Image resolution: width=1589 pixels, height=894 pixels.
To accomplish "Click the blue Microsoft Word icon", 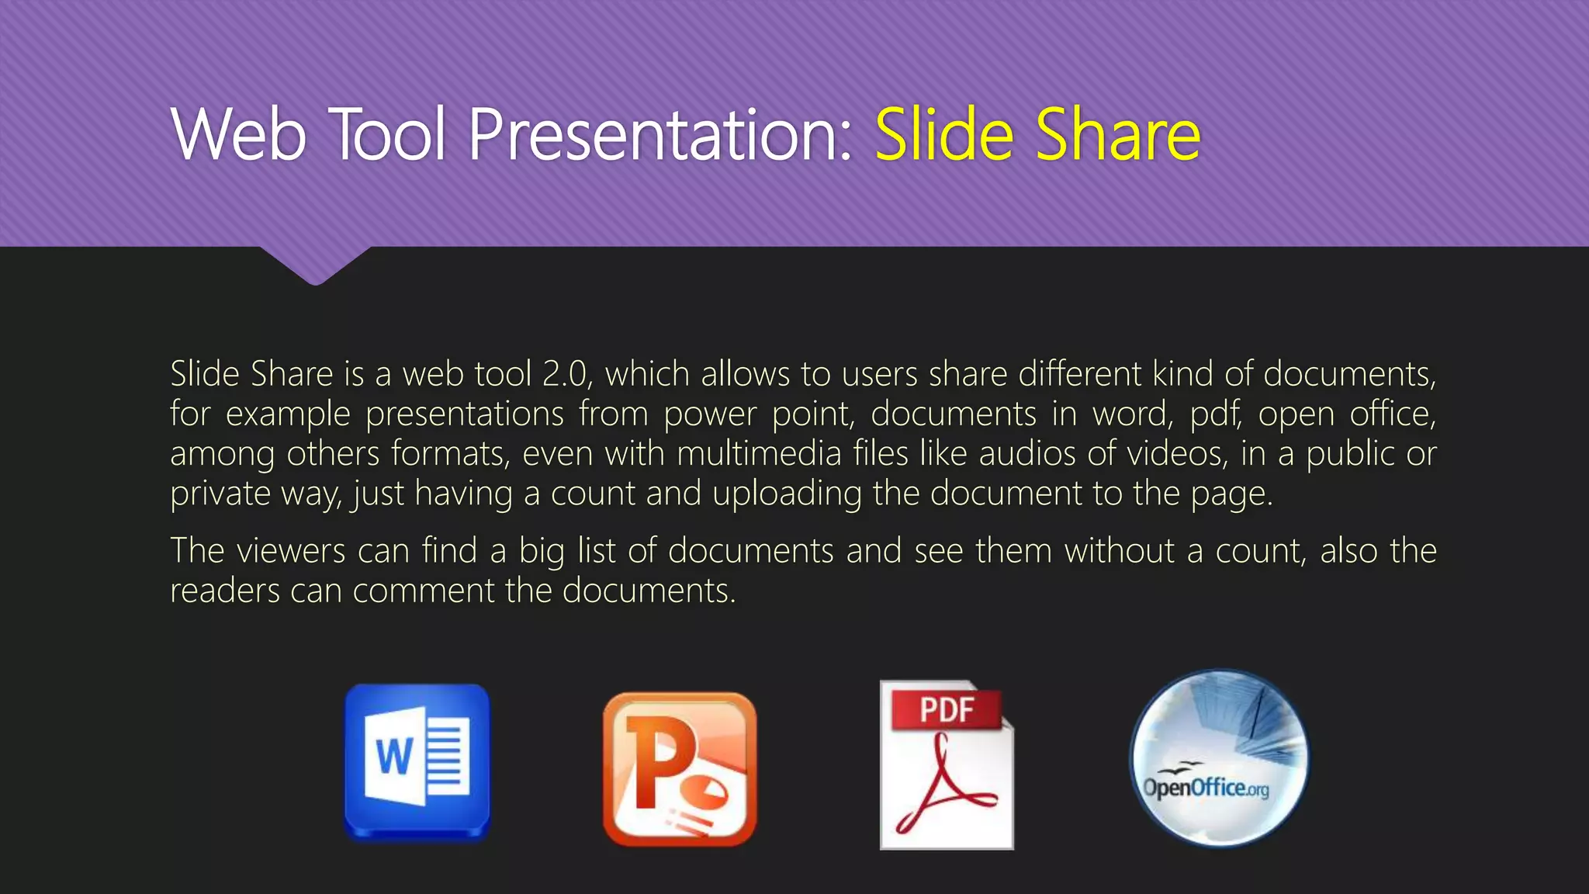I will point(417,762).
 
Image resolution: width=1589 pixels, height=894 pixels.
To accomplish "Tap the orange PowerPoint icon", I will point(680,768).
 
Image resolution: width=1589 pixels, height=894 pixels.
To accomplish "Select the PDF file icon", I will point(947,765).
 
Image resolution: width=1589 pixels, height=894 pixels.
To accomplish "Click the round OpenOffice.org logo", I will point(1218,759).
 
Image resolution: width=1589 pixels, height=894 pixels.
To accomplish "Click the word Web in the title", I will point(239,135).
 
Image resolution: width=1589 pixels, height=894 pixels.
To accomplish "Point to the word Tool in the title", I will point(389,135).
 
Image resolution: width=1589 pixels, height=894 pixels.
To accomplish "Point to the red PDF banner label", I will point(947,709).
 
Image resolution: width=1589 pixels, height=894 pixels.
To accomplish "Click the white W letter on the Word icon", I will point(394,756).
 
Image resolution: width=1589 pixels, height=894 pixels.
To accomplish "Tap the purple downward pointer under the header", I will point(315,265).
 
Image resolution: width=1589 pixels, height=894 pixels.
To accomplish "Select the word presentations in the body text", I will point(465,414).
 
